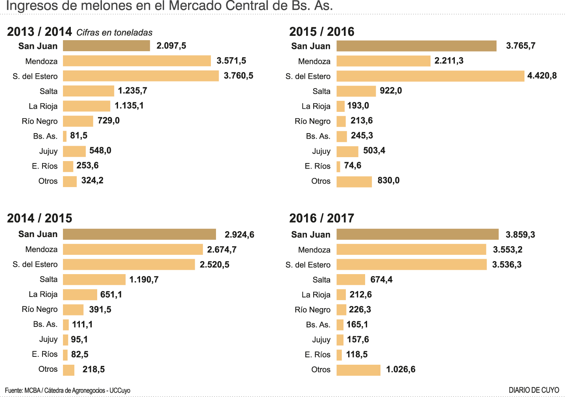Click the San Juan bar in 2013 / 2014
[x=106, y=46]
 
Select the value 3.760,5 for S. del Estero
[x=238, y=76]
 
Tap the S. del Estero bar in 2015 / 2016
[x=430, y=76]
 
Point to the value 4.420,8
[x=542, y=76]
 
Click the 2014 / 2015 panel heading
[x=39, y=218]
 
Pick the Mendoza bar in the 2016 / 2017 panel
[x=411, y=249]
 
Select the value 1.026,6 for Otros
[x=401, y=369]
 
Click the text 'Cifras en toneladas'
[x=114, y=33]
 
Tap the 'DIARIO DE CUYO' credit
[x=534, y=390]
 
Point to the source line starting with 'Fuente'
[x=67, y=390]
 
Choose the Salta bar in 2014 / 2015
[x=94, y=279]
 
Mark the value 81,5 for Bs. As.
[x=79, y=135]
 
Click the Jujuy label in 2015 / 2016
[x=321, y=151]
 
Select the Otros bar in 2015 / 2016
[x=354, y=182]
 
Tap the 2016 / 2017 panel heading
[x=321, y=218]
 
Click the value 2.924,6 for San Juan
[x=239, y=235]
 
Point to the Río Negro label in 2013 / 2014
[x=39, y=121]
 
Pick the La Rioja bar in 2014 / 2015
[x=80, y=294]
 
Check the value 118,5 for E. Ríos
[x=356, y=354]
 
